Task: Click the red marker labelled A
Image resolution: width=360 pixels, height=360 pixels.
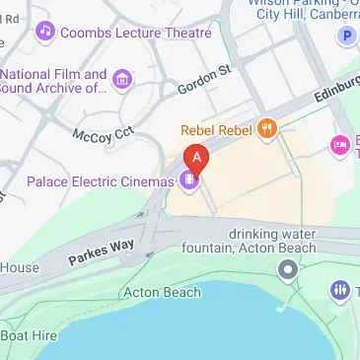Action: click(197, 158)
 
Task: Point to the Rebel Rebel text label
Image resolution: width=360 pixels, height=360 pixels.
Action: click(215, 129)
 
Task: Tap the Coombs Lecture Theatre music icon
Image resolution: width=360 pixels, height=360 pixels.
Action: click(43, 33)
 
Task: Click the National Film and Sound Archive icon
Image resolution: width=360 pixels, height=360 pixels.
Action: click(122, 79)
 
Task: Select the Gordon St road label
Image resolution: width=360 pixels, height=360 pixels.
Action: click(203, 80)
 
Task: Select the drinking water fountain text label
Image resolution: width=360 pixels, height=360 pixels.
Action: click(273, 240)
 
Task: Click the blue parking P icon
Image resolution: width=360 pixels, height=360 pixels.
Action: click(346, 36)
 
